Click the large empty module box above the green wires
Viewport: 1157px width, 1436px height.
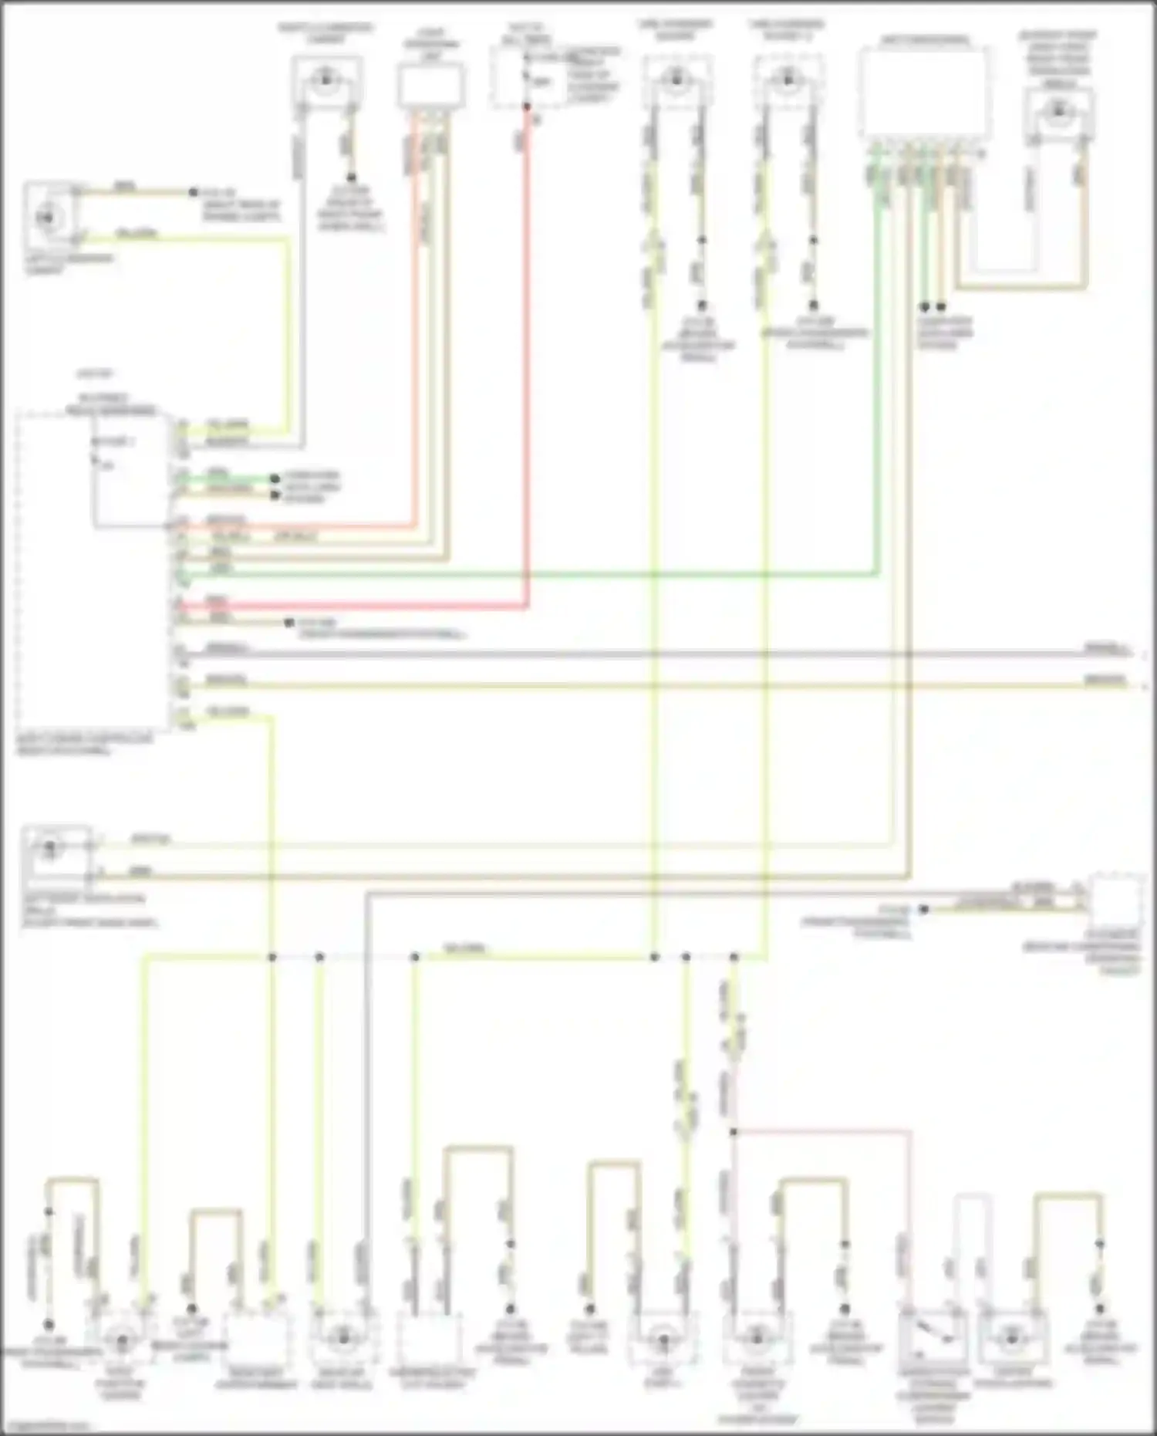click(x=925, y=91)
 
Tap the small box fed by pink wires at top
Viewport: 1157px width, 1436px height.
click(x=431, y=85)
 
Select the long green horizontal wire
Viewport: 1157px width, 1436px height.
click(x=540, y=574)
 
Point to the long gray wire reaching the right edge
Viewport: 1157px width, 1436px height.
click(x=656, y=654)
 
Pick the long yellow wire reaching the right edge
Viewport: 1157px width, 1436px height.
click(x=656, y=685)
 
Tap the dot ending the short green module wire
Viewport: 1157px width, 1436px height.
click(x=275, y=478)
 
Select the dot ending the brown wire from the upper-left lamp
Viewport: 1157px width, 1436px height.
click(x=193, y=192)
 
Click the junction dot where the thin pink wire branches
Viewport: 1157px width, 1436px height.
click(x=734, y=1132)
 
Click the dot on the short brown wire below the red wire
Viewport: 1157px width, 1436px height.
click(x=289, y=622)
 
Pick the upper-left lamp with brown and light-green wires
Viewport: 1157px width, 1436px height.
click(x=48, y=217)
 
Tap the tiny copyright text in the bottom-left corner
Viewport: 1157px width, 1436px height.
click(x=46, y=1426)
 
